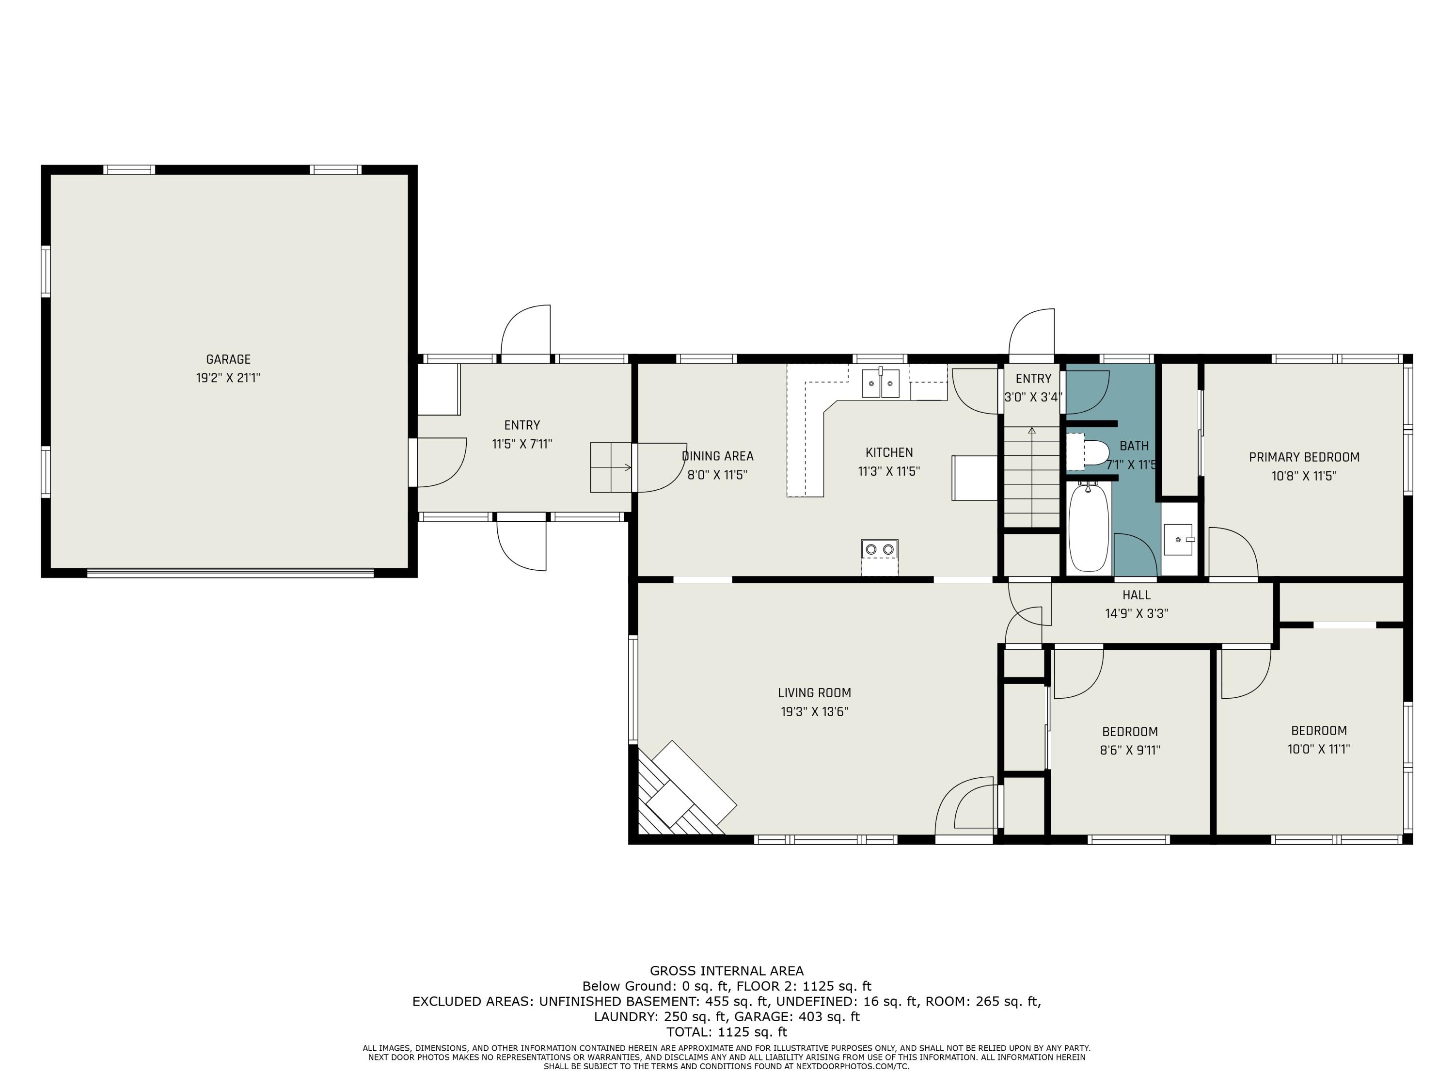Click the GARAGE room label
point(228,359)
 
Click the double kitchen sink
point(881,384)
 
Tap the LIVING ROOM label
point(814,692)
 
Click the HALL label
point(1136,595)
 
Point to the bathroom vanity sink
point(1178,539)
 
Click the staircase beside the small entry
point(1031,477)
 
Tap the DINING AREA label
point(717,456)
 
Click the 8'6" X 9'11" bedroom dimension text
point(1129,750)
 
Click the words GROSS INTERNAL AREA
point(727,971)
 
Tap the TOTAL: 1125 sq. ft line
point(727,1032)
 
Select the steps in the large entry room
point(611,467)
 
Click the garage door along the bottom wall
point(230,573)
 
